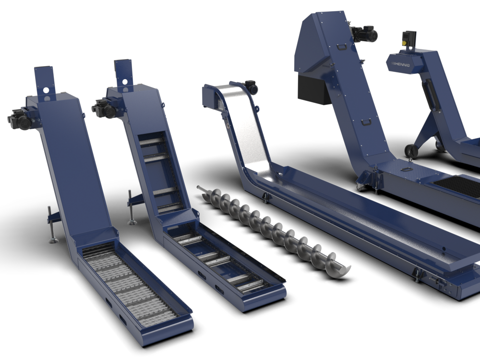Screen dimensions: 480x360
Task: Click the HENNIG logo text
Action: (401, 65)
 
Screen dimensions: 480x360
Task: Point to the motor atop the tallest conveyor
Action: (364, 34)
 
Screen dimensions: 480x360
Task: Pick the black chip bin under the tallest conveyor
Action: (313, 89)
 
